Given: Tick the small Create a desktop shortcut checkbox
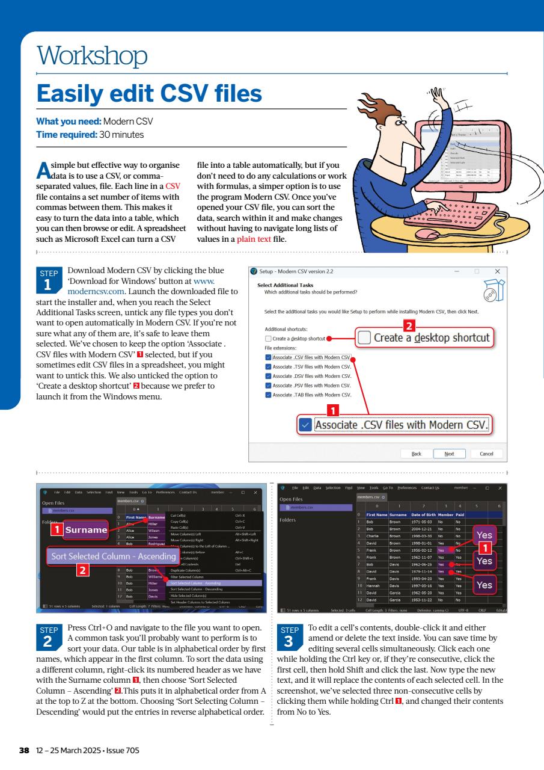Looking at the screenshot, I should pyautogui.click(x=268, y=339).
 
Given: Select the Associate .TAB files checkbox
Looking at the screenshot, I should pyautogui.click(x=268, y=395).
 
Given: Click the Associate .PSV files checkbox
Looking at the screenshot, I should pyautogui.click(x=268, y=385).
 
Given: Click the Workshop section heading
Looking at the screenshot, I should pyautogui.click(x=92, y=57).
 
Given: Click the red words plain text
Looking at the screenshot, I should pyautogui.click(x=254, y=239).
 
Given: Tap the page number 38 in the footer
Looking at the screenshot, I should pyautogui.click(x=24, y=750).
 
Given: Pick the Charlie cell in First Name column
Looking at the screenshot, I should pyautogui.click(x=374, y=535).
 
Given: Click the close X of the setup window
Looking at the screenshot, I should pyautogui.click(x=497, y=272).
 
